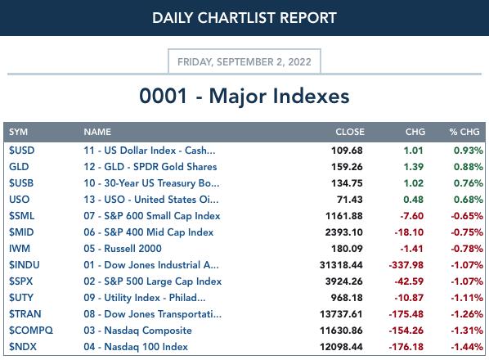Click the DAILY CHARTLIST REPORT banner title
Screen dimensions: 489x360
point(244,18)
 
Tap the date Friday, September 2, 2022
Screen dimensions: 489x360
point(244,61)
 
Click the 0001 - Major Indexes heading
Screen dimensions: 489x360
point(244,96)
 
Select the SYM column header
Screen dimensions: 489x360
point(19,132)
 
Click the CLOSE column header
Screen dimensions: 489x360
point(350,132)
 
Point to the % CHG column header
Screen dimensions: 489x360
point(464,132)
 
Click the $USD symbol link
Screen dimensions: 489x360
point(21,151)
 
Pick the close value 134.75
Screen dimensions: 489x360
point(347,183)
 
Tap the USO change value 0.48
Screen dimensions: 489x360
point(413,200)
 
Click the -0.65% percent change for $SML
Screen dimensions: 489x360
point(467,216)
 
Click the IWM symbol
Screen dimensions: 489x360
point(20,249)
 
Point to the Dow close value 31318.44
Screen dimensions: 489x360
point(341,265)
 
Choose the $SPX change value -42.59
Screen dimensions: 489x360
point(409,281)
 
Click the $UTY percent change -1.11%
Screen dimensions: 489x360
point(467,298)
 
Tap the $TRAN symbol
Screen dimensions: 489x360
point(25,314)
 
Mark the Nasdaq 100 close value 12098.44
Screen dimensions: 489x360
point(341,347)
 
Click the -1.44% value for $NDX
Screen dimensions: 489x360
point(467,347)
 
